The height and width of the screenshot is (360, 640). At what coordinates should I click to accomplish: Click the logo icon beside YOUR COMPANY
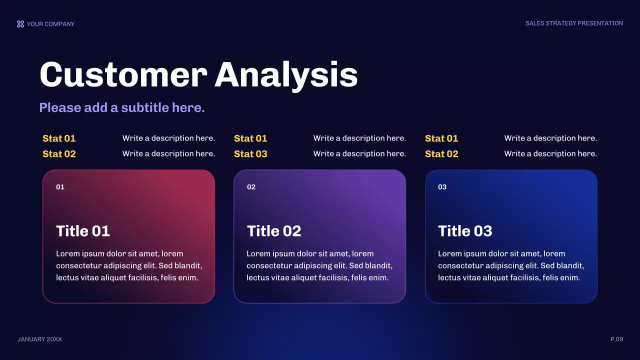[x=20, y=24]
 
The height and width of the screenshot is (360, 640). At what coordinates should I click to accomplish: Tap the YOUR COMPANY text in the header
[x=50, y=24]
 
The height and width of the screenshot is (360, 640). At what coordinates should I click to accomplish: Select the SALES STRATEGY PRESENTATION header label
[x=574, y=23]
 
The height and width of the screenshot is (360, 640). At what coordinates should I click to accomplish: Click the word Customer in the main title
[x=123, y=75]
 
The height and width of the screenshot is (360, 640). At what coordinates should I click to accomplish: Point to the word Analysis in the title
[x=286, y=75]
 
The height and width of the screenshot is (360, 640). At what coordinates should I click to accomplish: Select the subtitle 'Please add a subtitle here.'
[x=122, y=107]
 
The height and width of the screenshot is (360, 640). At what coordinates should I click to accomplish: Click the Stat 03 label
[x=250, y=154]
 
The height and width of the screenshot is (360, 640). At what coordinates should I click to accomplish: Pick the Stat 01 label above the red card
[x=59, y=138]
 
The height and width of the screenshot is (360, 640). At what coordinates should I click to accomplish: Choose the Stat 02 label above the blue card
[x=441, y=154]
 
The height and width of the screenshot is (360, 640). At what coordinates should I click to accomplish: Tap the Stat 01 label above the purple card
[x=250, y=138]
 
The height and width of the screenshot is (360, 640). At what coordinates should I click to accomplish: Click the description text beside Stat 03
[x=359, y=154]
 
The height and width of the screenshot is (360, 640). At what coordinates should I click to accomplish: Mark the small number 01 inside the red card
[x=60, y=187]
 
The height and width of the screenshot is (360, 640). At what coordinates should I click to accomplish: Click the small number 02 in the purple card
[x=251, y=187]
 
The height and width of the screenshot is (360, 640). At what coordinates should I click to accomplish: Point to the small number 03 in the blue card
[x=442, y=187]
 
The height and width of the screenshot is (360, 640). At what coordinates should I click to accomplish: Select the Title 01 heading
[x=83, y=231]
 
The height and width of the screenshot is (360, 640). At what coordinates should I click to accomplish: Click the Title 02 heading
[x=274, y=231]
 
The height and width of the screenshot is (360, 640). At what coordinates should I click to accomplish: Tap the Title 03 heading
[x=465, y=231]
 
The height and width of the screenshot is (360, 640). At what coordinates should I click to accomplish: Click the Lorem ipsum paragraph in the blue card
[x=510, y=265]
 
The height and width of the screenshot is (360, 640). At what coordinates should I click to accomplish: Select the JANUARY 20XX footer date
[x=39, y=339]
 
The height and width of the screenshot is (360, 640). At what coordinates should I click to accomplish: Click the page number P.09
[x=616, y=339]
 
